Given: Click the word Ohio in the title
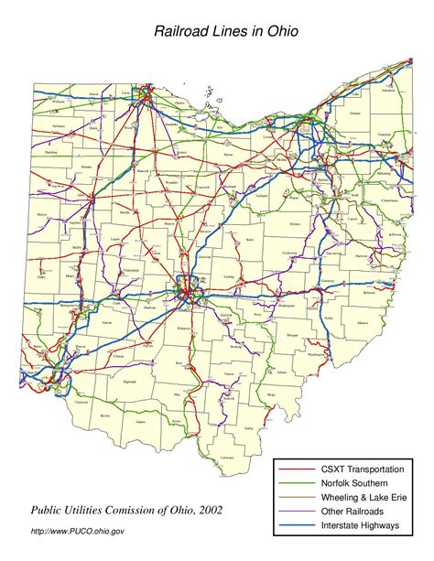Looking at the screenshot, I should [x=280, y=31].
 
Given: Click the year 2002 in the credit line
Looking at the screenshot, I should [x=205, y=510].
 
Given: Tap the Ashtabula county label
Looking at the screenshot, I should [x=387, y=92].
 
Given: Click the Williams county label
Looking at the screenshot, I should [x=34, y=102].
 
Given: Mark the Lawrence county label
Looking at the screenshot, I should [x=228, y=457].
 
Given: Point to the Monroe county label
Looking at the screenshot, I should [x=363, y=322].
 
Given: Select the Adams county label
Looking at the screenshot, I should [x=139, y=422].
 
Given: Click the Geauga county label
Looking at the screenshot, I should [x=353, y=113].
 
